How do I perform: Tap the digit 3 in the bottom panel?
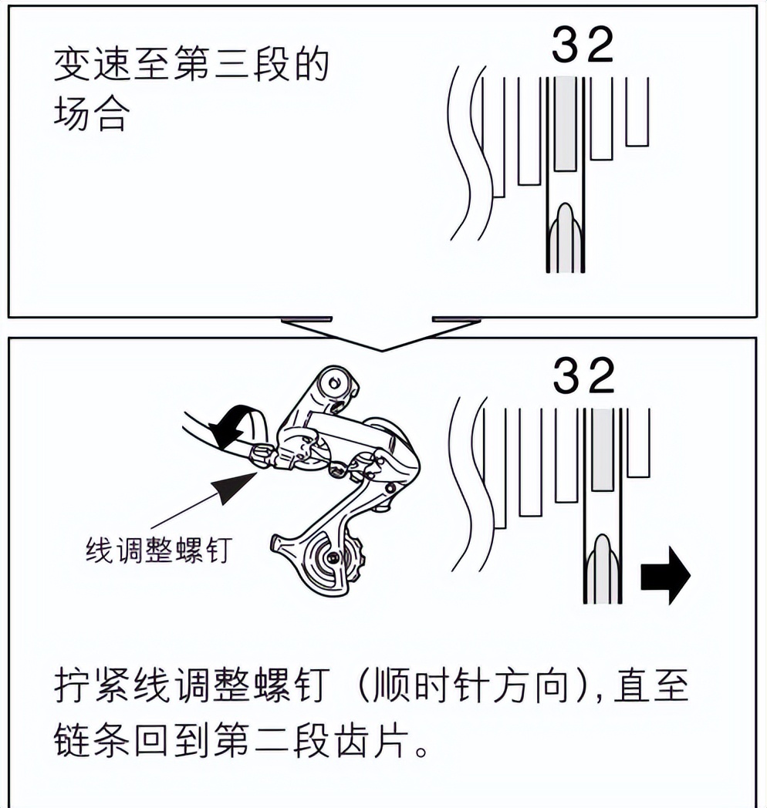(x=569, y=377)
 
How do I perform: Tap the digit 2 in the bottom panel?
(x=601, y=377)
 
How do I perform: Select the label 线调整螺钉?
(x=157, y=550)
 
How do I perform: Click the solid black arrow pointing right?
(x=665, y=575)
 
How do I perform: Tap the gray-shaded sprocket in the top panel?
(x=566, y=123)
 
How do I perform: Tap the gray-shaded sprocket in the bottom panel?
(x=603, y=449)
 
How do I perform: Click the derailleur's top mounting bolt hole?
(x=333, y=380)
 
